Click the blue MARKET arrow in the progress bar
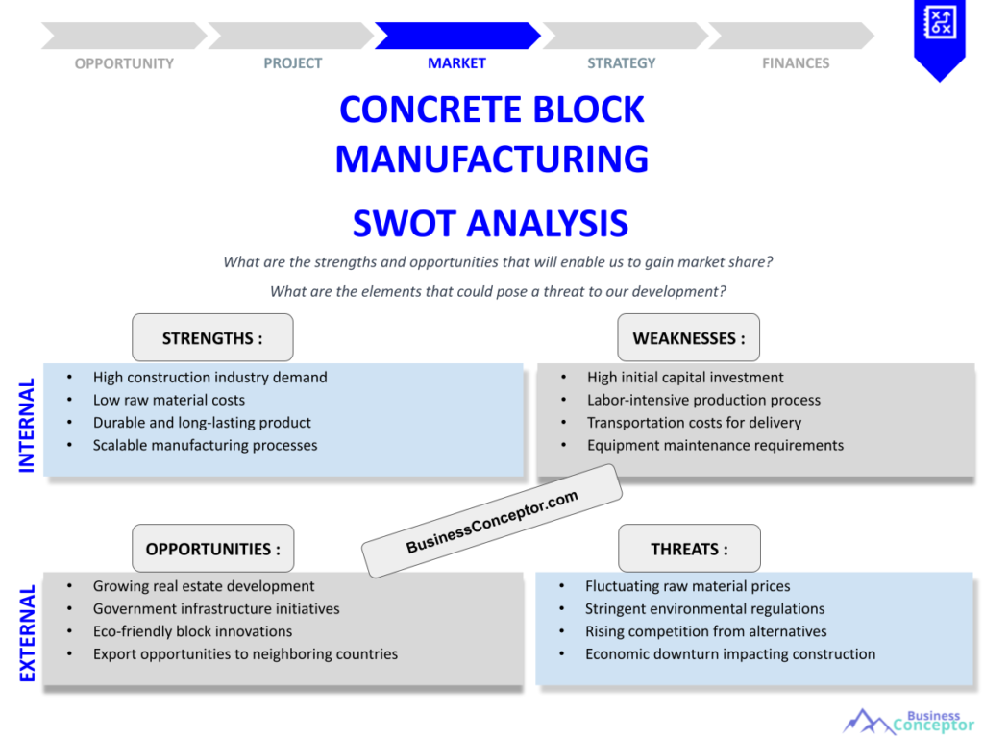point(456,36)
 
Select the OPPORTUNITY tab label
point(124,63)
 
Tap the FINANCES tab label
point(796,63)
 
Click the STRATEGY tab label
point(622,63)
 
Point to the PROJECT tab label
point(293,63)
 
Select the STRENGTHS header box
point(212,337)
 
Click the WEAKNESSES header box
point(688,337)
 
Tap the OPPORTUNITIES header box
point(212,549)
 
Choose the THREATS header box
point(688,549)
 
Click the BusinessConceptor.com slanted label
point(492,521)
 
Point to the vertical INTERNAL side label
point(27,425)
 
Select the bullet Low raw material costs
point(169,400)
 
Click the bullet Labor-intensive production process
point(703,400)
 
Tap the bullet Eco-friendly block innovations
point(192,631)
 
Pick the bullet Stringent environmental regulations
point(704,608)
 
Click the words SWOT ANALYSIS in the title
point(490,223)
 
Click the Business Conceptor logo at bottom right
point(908,721)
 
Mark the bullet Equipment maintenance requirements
point(715,445)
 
